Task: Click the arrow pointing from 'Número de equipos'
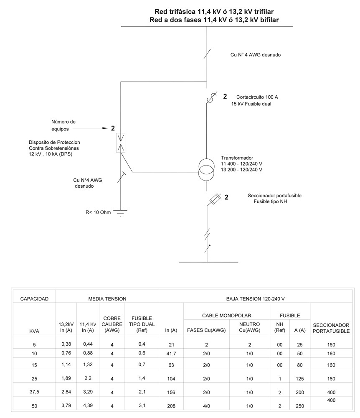click(105, 128)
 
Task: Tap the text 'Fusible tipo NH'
click(270, 201)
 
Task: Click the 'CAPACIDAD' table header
click(35, 298)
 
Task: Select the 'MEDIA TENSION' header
click(107, 298)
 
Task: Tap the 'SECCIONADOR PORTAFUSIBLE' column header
click(331, 327)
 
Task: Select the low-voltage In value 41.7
click(171, 353)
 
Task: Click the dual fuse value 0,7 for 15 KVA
click(142, 364)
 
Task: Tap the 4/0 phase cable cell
click(206, 406)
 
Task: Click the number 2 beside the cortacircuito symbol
click(225, 96)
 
